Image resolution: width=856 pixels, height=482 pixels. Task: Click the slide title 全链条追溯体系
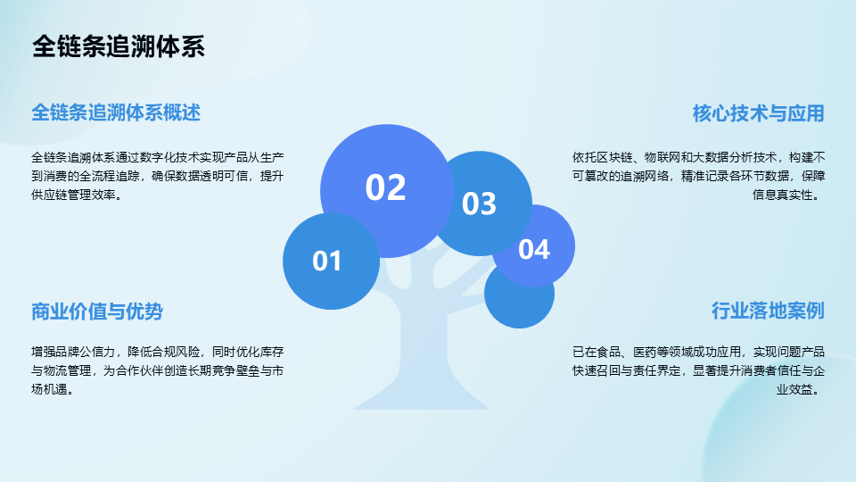tap(119, 46)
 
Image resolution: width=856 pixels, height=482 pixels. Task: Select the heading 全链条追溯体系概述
tap(116, 112)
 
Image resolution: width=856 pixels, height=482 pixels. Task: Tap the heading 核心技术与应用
tap(758, 113)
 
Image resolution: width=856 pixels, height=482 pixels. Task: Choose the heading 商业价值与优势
tap(97, 311)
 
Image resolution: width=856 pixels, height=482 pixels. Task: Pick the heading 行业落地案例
tap(768, 311)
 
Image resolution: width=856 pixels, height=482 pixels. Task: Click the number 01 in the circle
tap(327, 262)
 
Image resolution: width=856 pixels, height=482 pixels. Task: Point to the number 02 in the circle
tap(385, 187)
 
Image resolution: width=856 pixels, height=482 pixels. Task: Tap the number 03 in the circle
tap(480, 204)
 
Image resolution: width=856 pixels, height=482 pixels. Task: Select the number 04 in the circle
tap(534, 249)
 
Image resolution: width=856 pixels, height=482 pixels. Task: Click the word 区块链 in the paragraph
tap(614, 157)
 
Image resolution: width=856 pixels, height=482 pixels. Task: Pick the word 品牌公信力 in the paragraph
tap(86, 352)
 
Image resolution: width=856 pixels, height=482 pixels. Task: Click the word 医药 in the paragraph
tap(645, 352)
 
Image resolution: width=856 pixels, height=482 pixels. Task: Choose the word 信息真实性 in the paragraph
tap(782, 195)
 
